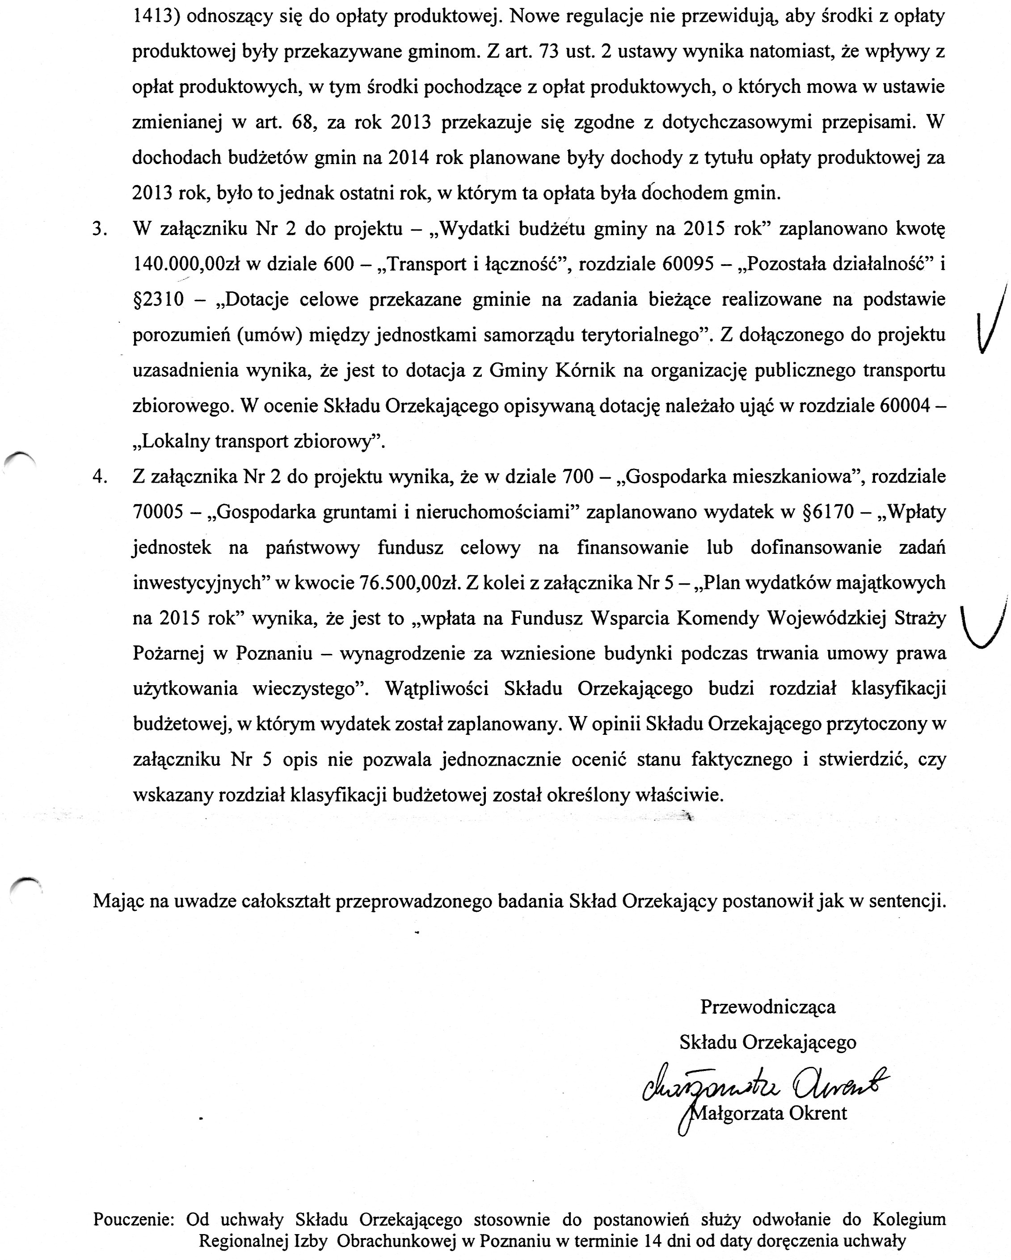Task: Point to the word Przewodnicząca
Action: tap(768, 1007)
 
